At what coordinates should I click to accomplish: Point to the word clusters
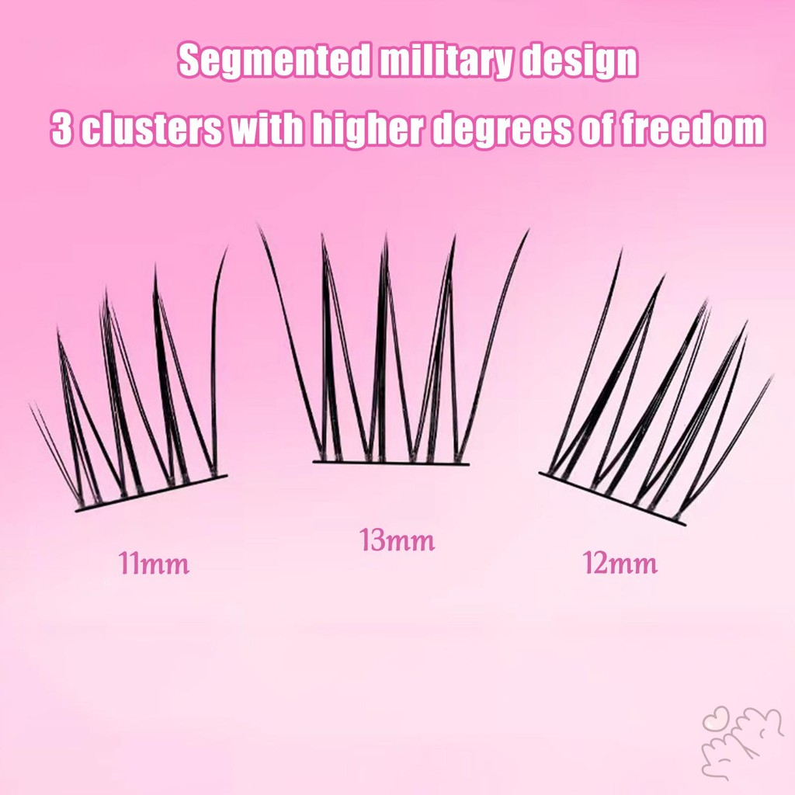coord(151,129)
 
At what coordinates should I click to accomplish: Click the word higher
coord(366,129)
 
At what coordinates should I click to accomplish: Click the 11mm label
coord(154,563)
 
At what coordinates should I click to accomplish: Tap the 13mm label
coord(397,540)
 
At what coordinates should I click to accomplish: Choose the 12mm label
coord(620,563)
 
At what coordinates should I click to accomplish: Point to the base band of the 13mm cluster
coord(391,463)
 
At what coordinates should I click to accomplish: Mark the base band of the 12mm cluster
coord(612,498)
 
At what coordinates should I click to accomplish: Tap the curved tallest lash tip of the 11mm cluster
coord(226,248)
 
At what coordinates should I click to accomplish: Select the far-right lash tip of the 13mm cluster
coord(528,231)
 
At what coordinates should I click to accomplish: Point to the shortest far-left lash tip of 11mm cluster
coord(30,404)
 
